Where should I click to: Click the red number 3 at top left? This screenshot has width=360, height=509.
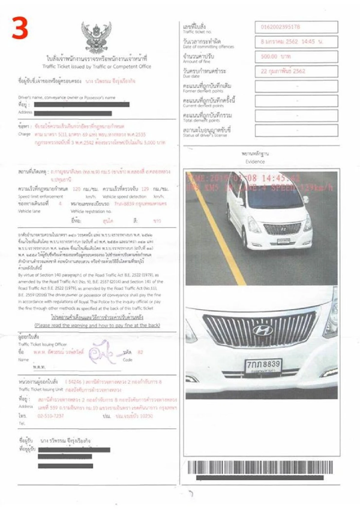point(20,28)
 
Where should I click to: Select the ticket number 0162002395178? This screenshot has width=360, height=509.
point(280,27)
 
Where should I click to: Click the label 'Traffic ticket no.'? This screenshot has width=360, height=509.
point(197,32)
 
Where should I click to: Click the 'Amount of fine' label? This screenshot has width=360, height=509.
point(196,62)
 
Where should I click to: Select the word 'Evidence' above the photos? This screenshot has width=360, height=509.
point(255,161)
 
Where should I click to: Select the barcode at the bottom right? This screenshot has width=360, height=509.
point(260,468)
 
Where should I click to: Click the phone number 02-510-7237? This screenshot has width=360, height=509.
point(50,416)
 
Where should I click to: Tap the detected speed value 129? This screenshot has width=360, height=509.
point(145,189)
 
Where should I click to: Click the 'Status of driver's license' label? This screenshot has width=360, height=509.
point(205,135)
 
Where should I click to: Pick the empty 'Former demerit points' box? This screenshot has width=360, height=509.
point(296,86)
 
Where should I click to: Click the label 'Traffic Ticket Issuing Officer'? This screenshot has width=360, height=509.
point(42,344)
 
